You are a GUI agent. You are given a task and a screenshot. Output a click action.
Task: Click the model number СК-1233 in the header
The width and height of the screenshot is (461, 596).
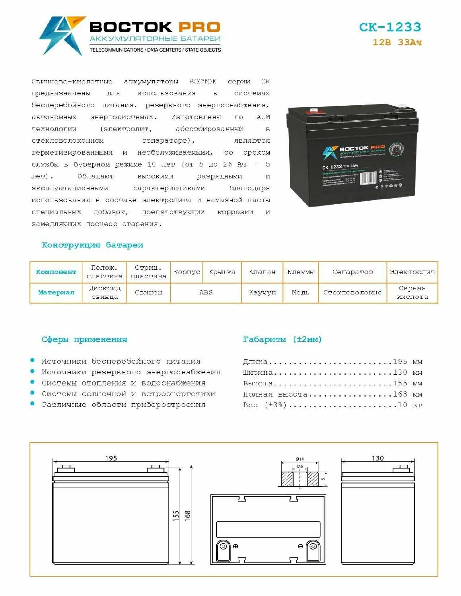[x=390, y=27]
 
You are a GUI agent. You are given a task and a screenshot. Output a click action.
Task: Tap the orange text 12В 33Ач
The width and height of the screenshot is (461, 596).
[x=397, y=42]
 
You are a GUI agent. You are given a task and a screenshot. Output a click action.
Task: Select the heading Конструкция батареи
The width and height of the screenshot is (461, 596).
[x=92, y=245]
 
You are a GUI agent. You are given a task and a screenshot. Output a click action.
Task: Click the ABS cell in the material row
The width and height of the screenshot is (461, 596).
[x=206, y=292]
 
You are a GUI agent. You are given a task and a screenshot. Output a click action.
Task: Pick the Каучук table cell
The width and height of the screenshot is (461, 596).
[x=262, y=292]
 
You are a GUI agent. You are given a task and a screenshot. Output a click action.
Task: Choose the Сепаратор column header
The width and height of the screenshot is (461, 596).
[x=352, y=272]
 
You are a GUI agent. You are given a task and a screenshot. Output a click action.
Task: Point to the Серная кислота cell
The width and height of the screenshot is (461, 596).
[x=412, y=292]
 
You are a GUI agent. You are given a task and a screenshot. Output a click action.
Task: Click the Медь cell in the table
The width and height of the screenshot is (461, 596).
[x=300, y=292]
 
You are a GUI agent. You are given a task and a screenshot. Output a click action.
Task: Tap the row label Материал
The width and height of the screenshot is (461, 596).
[x=56, y=292]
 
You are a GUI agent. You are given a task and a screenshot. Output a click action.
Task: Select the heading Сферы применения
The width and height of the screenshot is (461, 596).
[x=84, y=339]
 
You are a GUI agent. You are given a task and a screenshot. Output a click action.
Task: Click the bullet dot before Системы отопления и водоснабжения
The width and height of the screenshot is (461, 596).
[x=33, y=382]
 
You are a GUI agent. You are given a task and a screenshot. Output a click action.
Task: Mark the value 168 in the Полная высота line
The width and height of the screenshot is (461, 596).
[x=400, y=394]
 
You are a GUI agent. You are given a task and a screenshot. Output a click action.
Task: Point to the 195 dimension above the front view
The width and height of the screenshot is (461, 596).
[x=111, y=458]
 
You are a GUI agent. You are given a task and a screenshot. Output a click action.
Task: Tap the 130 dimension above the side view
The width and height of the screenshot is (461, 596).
[x=377, y=458]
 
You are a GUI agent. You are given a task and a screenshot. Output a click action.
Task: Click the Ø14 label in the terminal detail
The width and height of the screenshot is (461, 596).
[x=300, y=459]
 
